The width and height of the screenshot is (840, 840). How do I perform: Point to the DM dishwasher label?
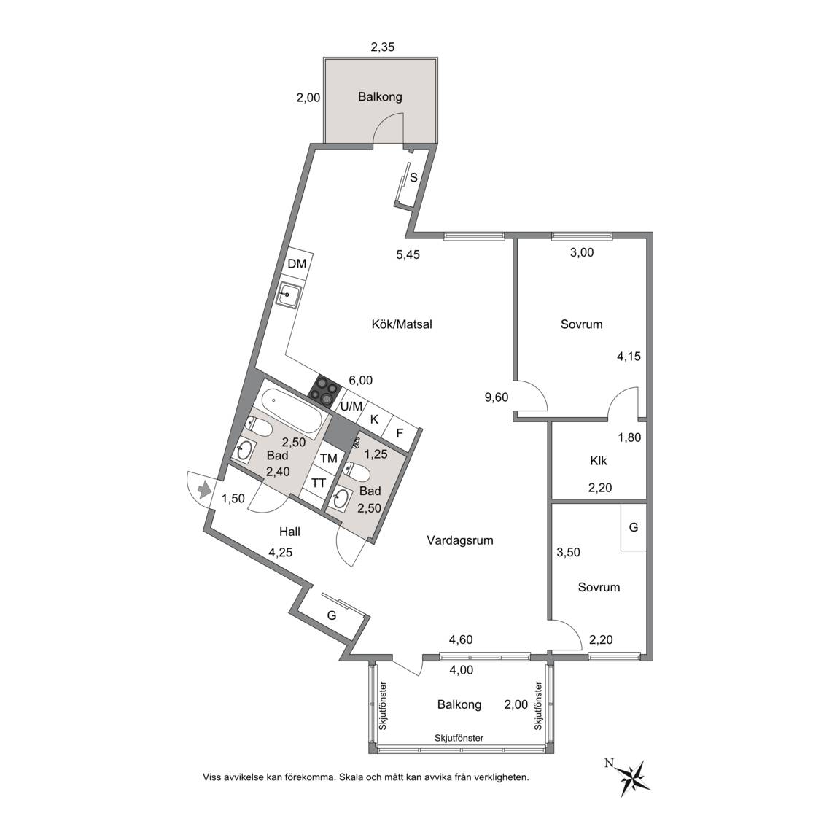pyautogui.click(x=297, y=263)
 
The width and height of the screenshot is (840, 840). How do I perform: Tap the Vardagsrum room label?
pyautogui.click(x=460, y=540)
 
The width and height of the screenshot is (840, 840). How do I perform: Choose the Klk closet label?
pyautogui.click(x=599, y=460)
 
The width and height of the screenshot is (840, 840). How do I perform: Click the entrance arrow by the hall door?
pyautogui.click(x=203, y=490)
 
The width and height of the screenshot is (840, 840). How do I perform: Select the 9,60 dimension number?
pyautogui.click(x=496, y=397)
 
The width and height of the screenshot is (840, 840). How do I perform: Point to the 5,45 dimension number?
pyautogui.click(x=408, y=254)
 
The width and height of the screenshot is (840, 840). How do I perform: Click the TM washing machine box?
pyautogui.click(x=328, y=458)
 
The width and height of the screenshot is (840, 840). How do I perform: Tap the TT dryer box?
pyautogui.click(x=319, y=483)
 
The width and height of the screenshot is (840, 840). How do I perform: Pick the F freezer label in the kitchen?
pyautogui.click(x=399, y=433)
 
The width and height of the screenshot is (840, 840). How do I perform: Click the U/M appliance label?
pyautogui.click(x=351, y=407)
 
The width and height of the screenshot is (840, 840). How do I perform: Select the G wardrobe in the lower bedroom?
pyautogui.click(x=634, y=527)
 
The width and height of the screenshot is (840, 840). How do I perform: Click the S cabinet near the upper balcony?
pyautogui.click(x=413, y=177)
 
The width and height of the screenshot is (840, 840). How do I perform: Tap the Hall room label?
pyautogui.click(x=289, y=532)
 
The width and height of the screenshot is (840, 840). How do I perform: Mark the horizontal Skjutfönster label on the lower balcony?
pyautogui.click(x=459, y=738)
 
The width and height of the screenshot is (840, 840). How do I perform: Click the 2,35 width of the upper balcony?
pyautogui.click(x=383, y=47)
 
